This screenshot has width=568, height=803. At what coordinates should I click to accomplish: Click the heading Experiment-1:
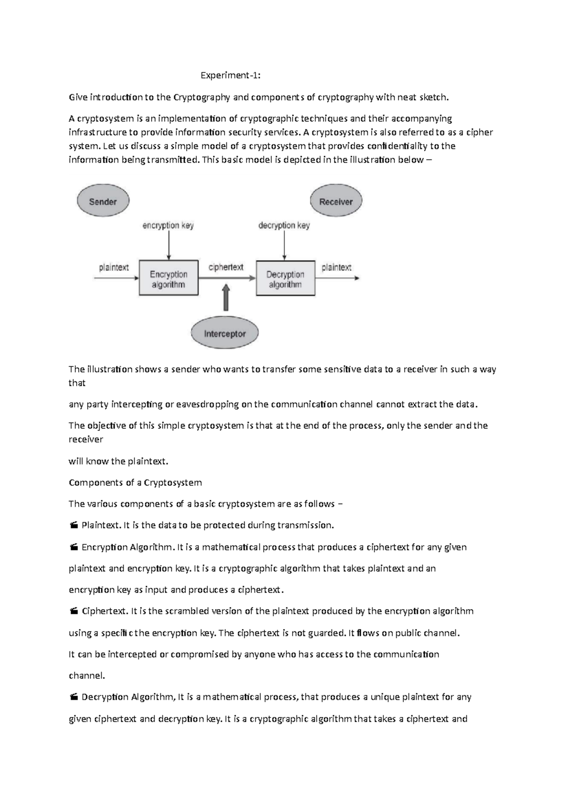[x=230, y=76]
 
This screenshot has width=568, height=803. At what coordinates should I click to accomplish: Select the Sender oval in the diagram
[x=103, y=201]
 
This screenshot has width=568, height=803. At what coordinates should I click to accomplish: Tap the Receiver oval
[x=336, y=201]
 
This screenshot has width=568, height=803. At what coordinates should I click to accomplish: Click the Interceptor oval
[x=225, y=333]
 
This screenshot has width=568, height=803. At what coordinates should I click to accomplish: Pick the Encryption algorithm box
[x=169, y=278]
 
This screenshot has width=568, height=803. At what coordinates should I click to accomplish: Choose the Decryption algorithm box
[x=285, y=278]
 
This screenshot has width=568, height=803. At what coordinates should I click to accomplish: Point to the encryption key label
[x=168, y=226]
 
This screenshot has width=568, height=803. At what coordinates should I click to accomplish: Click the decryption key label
[x=284, y=226]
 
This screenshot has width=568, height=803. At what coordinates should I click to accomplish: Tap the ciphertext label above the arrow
[x=226, y=267]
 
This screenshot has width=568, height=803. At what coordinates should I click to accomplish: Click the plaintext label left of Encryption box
[x=114, y=268]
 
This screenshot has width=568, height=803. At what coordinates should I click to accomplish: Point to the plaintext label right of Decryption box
[x=337, y=268]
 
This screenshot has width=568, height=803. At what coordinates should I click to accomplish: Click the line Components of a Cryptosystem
[x=135, y=483]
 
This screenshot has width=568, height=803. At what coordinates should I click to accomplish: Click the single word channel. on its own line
[x=87, y=676]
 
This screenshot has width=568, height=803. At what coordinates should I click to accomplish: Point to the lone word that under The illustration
[x=77, y=383]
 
